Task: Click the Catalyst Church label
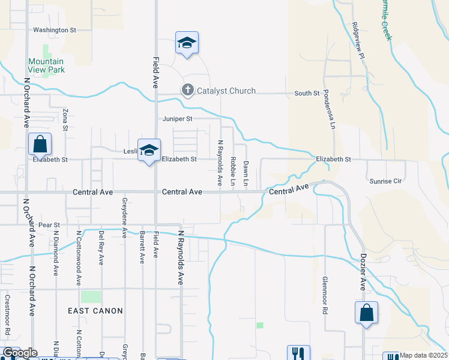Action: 227,91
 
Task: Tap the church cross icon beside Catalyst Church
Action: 187,91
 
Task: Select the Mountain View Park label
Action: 46,65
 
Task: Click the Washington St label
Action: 55,29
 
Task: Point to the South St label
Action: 307,94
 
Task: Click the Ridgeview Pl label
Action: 358,40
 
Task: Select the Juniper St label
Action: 177,119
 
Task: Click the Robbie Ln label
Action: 233,170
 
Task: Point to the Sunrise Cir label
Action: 384,181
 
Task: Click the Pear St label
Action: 49,225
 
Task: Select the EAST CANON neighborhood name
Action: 95,311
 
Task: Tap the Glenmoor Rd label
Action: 325,296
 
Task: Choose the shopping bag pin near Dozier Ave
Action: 366,313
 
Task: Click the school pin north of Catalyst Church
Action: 187,43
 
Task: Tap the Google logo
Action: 20,353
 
